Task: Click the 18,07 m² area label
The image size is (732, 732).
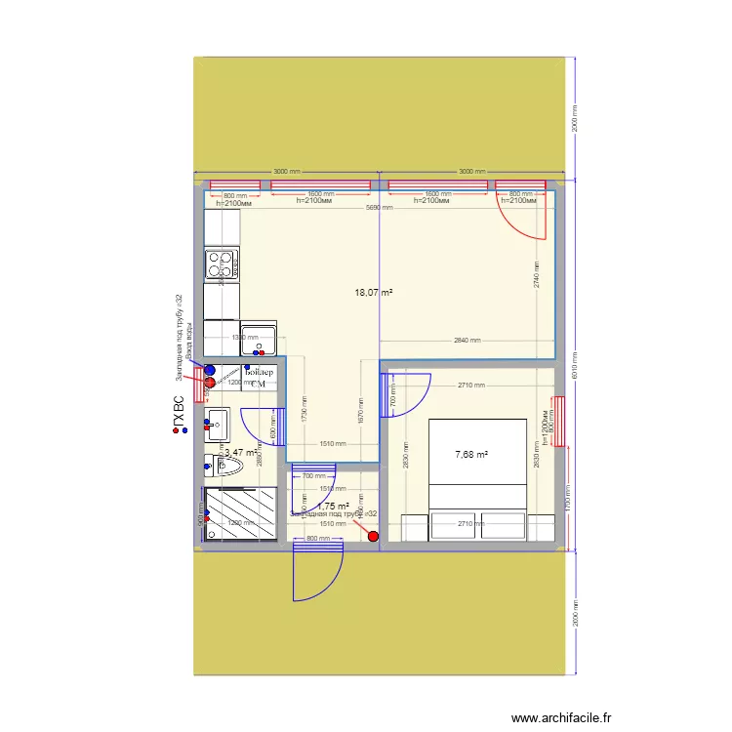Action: click(x=373, y=292)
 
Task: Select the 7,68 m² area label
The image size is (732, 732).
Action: click(x=471, y=454)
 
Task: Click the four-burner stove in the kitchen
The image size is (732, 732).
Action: click(x=222, y=264)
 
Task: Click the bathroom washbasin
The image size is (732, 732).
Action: click(x=217, y=425)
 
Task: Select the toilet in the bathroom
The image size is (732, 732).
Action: click(x=225, y=468)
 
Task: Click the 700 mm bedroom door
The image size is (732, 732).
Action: click(x=408, y=395)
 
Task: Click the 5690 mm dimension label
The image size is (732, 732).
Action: click(x=379, y=208)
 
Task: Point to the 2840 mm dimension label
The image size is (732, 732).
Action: click(x=468, y=341)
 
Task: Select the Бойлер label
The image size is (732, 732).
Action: click(x=260, y=373)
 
